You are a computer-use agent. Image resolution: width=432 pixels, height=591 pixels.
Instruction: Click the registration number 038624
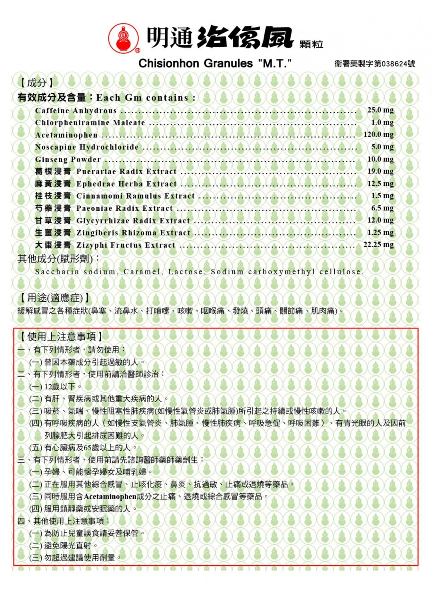(x=391, y=64)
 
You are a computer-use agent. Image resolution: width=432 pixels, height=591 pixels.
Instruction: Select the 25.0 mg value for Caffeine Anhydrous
(x=380, y=110)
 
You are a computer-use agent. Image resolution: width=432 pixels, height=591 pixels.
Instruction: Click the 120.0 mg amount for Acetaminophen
(x=378, y=134)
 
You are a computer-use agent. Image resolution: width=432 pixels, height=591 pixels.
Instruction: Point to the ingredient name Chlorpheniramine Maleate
(x=90, y=123)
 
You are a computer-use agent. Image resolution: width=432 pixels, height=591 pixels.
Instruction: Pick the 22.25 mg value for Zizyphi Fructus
(x=378, y=245)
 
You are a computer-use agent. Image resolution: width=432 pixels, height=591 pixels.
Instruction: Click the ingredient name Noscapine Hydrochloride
(x=87, y=147)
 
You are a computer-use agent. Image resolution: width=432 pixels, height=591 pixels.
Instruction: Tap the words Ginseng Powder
(x=68, y=159)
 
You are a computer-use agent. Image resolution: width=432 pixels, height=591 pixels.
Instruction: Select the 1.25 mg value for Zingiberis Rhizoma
(x=380, y=232)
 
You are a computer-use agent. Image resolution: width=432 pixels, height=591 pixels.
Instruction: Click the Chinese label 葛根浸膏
(x=53, y=171)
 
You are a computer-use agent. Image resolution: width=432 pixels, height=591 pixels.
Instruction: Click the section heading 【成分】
(x=36, y=83)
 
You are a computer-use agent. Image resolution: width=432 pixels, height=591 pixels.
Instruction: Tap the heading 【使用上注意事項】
(x=61, y=336)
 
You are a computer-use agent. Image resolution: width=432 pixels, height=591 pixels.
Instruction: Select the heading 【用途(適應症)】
(x=54, y=298)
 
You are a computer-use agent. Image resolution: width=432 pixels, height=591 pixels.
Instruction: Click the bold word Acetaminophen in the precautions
(x=110, y=496)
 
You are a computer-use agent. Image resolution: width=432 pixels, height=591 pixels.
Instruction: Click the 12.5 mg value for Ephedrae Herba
(x=380, y=184)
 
